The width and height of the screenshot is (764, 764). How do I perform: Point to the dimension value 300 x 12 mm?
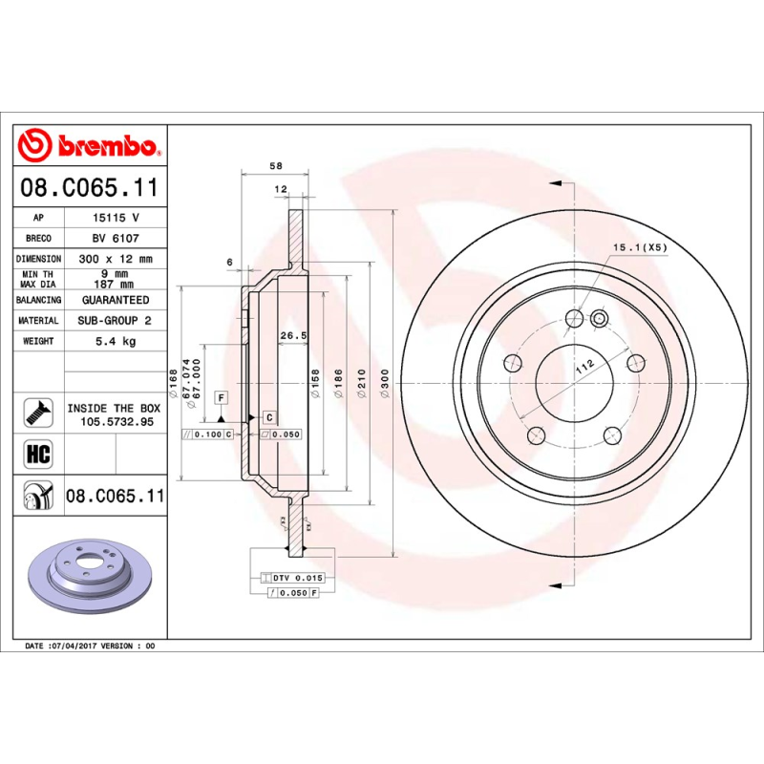pos(115,259)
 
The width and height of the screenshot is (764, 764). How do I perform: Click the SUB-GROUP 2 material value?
pos(115,321)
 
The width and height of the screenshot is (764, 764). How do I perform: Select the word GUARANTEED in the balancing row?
pos(115,300)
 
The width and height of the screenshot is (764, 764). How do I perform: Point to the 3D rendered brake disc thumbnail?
pos(90,584)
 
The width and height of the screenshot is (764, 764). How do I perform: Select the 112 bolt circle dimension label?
pos(584,364)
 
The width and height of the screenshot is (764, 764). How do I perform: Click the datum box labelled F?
pos(221,396)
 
